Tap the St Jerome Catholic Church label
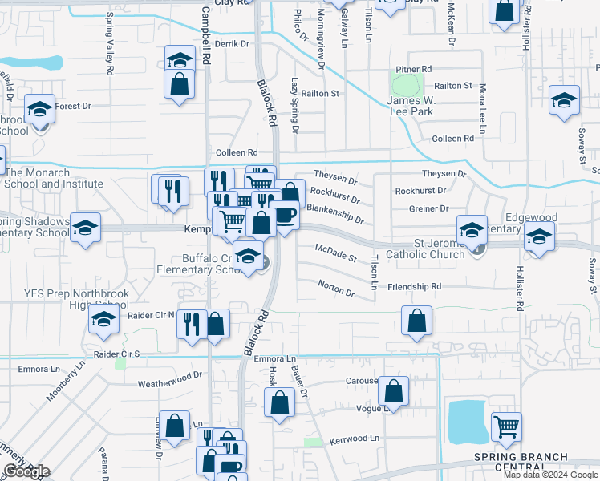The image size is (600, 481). point(425,249)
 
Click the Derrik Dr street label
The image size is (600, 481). point(233,44)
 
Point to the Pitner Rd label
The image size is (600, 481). point(414,69)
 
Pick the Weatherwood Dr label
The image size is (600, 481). point(169,376)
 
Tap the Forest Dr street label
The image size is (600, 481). point(74,106)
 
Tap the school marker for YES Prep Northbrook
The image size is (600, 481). point(103,319)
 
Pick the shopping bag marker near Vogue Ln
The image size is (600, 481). point(393,391)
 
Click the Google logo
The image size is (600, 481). point(26,471)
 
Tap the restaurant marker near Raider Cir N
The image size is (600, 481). point(191,324)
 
